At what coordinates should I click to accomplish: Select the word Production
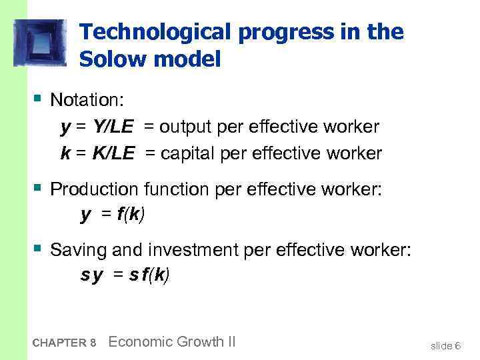93,189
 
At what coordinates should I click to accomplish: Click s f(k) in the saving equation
150,275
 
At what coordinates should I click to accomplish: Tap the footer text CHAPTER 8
65,343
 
